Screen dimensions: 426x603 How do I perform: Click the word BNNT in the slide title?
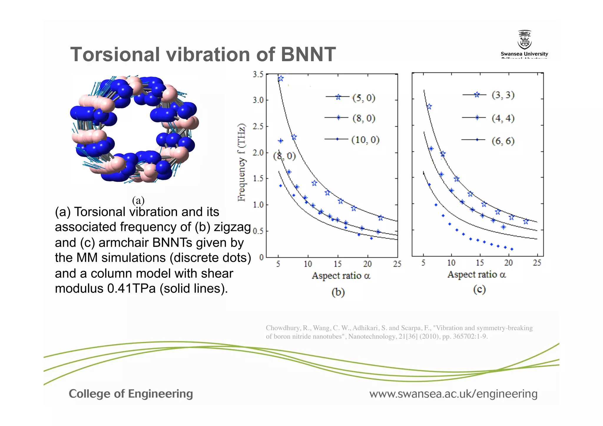(308, 54)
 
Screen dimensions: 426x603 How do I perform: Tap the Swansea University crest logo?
(524, 40)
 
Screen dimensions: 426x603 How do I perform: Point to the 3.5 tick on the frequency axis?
(258, 74)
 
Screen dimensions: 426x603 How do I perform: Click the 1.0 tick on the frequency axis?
(258, 205)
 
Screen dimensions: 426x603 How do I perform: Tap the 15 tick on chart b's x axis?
(337, 264)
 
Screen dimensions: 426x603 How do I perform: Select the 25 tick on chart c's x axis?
(537, 263)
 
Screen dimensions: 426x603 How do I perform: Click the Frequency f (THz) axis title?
(241, 163)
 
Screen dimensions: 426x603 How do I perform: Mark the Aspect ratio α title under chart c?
(476, 274)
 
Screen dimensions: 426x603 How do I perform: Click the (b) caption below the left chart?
(338, 292)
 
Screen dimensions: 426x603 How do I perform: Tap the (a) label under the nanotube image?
(138, 200)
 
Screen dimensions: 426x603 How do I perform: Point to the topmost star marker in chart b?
(281, 78)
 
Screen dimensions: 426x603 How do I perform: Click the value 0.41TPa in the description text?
(131, 289)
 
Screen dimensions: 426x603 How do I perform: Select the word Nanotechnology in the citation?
(372, 336)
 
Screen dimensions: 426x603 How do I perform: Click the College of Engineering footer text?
(131, 394)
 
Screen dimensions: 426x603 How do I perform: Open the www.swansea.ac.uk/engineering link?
(453, 394)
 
